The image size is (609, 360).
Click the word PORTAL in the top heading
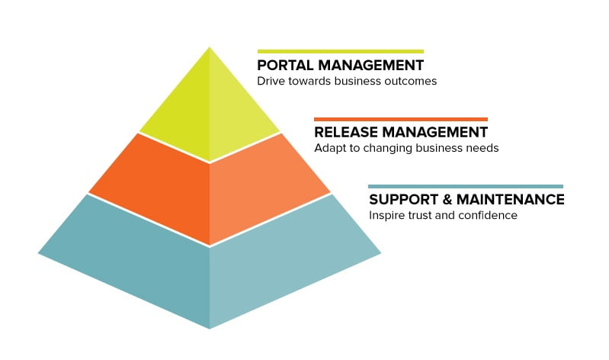click(x=286, y=66)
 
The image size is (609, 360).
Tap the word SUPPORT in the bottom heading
click(x=403, y=199)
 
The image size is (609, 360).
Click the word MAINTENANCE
click(x=511, y=199)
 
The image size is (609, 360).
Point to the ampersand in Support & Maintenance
click(x=447, y=199)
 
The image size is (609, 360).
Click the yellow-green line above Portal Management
click(x=341, y=51)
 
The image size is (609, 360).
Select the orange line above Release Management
click(x=401, y=119)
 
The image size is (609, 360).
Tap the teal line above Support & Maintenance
click(x=466, y=187)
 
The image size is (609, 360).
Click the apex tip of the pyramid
click(x=210, y=47)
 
